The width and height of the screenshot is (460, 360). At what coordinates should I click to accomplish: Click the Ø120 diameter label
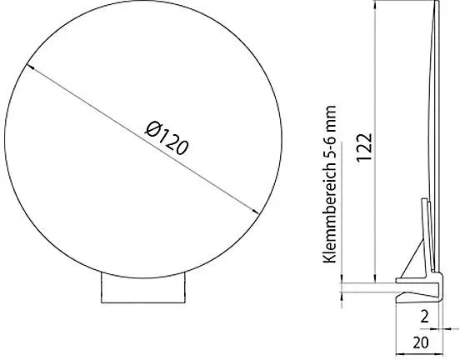(x=167, y=139)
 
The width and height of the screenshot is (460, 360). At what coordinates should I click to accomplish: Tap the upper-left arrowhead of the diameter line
(x=30, y=67)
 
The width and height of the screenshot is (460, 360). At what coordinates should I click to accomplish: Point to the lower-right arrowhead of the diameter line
(x=255, y=211)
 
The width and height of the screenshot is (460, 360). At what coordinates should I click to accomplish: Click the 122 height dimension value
(x=365, y=147)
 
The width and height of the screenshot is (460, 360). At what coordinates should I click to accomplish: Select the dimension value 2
(x=424, y=317)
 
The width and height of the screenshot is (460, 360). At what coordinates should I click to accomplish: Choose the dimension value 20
(x=420, y=342)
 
